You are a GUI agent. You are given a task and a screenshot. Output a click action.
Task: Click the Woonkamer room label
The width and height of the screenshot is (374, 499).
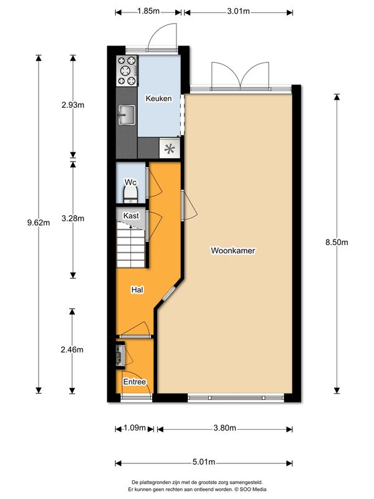233,251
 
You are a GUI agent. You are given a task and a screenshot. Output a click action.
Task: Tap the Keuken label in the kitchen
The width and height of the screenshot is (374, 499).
158,99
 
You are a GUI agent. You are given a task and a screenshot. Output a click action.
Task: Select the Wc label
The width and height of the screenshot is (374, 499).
130,182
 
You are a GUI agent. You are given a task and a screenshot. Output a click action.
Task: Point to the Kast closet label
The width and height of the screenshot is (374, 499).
131,215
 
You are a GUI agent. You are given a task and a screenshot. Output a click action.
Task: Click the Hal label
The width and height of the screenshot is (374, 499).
137,290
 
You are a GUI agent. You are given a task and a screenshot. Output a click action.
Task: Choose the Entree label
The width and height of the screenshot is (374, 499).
135,382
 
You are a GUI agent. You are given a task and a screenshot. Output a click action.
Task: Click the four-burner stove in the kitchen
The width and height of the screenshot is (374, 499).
127,70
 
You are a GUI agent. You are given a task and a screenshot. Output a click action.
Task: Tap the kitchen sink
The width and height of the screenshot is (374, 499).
127,115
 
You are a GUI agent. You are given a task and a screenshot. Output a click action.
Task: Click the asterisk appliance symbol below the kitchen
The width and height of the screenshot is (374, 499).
169,148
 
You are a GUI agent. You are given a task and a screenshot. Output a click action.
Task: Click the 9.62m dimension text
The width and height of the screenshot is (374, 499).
39,223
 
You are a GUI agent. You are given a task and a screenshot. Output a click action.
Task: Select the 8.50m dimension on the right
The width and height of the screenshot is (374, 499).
337,243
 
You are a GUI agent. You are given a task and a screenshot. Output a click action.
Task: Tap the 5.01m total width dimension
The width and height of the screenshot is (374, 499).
203,462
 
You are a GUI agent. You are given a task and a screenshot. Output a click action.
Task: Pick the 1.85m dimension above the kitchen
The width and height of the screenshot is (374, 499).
148,11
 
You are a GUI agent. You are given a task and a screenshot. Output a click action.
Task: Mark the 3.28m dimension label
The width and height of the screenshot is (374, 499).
74,218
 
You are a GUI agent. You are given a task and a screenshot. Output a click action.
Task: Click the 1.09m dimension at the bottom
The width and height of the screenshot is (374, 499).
135,428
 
